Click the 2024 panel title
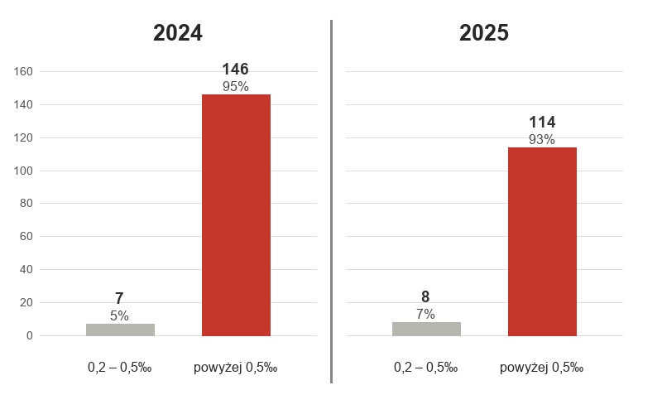tap(178, 33)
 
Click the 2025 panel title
tap(484, 33)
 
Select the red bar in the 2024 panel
tap(236, 215)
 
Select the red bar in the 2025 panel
tap(542, 242)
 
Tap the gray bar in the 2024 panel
tap(120, 330)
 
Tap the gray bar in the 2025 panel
tap(426, 329)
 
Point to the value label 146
tap(235, 70)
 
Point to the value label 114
tap(542, 122)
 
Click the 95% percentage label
tap(236, 87)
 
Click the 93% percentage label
tap(542, 139)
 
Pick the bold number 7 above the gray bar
tap(119, 299)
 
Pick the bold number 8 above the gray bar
tap(425, 297)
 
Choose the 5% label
tap(119, 315)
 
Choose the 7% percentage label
tap(425, 314)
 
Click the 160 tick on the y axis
tap(23, 71)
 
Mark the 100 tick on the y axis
tap(23, 171)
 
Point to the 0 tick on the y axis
tap(30, 335)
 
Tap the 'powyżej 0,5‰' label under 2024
tap(236, 368)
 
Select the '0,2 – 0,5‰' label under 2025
tap(425, 368)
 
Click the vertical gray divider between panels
tap(332, 201)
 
